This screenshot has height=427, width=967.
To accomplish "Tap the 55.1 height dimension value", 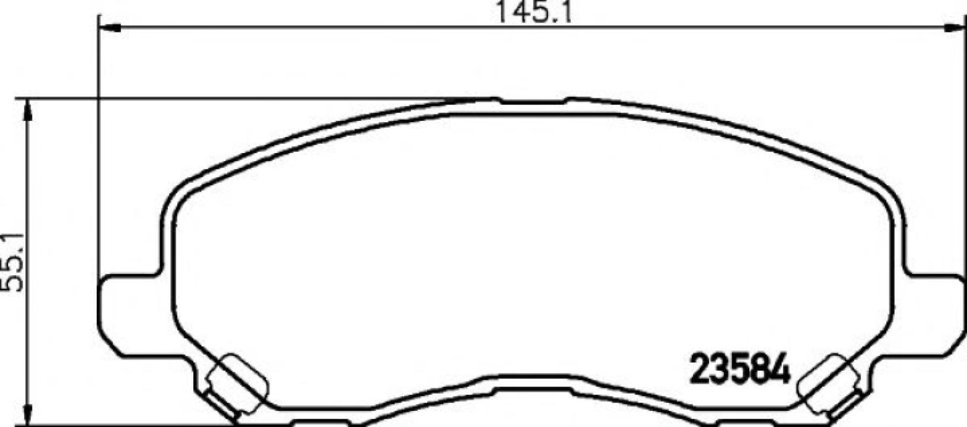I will click(12, 262).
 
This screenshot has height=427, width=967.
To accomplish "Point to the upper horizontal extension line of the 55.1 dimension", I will click(237, 98).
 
